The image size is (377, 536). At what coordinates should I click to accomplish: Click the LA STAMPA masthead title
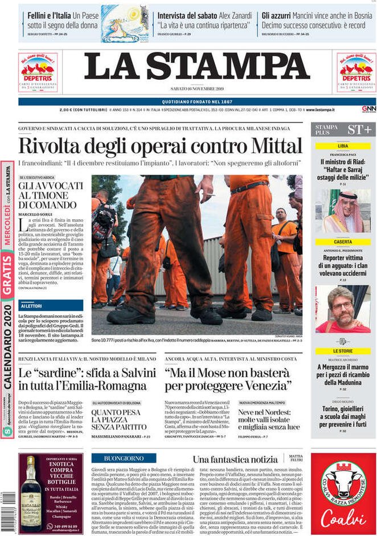click(197, 67)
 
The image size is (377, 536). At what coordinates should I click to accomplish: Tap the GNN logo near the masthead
click(368, 109)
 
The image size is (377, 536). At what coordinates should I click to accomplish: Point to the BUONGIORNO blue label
click(124, 458)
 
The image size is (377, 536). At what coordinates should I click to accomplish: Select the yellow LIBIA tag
click(343, 146)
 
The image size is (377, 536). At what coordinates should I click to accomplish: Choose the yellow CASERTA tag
click(343, 242)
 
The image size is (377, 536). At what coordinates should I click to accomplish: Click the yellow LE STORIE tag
click(343, 351)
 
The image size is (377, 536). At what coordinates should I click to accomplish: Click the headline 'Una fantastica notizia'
click(235, 459)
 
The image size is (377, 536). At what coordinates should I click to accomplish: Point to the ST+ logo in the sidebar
click(359, 129)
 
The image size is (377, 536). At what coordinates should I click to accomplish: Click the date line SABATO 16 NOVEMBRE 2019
click(196, 89)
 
